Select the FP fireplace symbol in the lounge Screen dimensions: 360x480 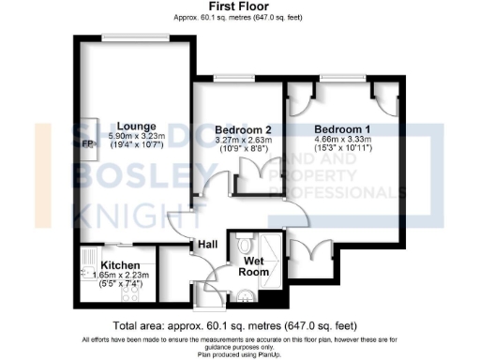click(x=88, y=144)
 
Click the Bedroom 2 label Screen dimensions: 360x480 click(x=243, y=129)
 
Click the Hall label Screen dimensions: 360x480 click(x=207, y=245)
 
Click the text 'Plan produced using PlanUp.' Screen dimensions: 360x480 click(x=241, y=353)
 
